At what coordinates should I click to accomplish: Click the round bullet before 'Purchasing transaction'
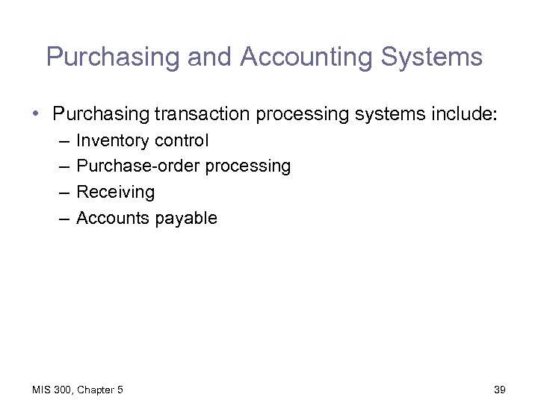coord(35,113)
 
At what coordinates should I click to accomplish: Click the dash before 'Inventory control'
coord(60,140)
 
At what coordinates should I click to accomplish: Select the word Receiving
coord(115,192)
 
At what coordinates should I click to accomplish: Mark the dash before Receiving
coord(60,192)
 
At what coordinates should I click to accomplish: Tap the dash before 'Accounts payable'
coord(60,218)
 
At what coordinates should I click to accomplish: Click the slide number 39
coord(501,390)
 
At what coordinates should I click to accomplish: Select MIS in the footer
coord(41,390)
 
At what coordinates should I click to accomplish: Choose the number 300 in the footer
coord(64,390)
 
